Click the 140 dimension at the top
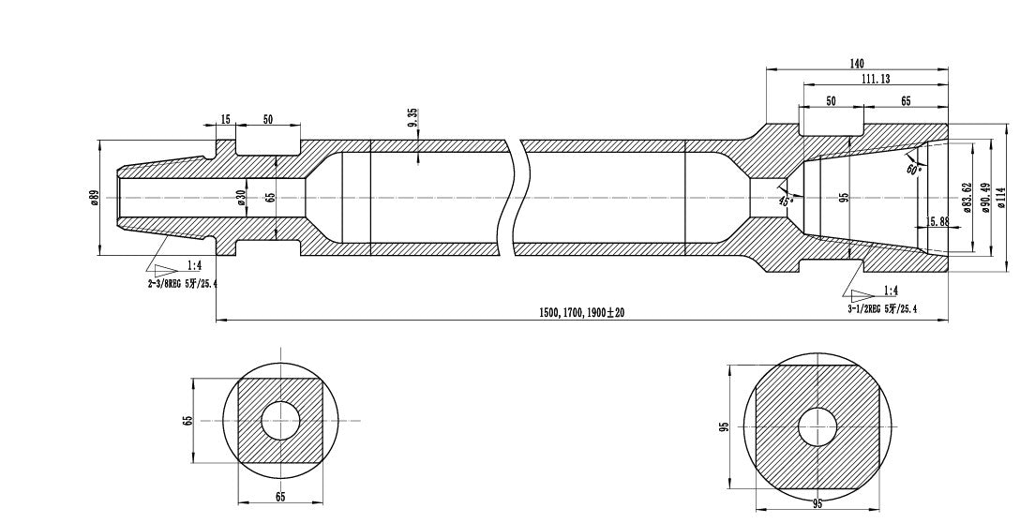pyautogui.click(x=856, y=64)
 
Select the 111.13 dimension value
pyautogui.click(x=876, y=80)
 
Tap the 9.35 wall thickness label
pyautogui.click(x=413, y=119)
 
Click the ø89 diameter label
pyautogui.click(x=94, y=197)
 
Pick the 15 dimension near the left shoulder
pyautogui.click(x=225, y=120)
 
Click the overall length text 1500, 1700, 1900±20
pyautogui.click(x=581, y=312)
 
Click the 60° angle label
pyautogui.click(x=914, y=168)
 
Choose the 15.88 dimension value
pyautogui.click(x=937, y=222)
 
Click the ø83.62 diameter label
pyautogui.click(x=967, y=198)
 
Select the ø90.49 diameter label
pyautogui.click(x=985, y=198)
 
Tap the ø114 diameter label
pyautogui.click(x=1001, y=198)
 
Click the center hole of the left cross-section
pyautogui.click(x=280, y=420)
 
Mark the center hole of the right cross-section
pyautogui.click(x=817, y=427)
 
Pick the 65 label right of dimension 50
pyautogui.click(x=906, y=101)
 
